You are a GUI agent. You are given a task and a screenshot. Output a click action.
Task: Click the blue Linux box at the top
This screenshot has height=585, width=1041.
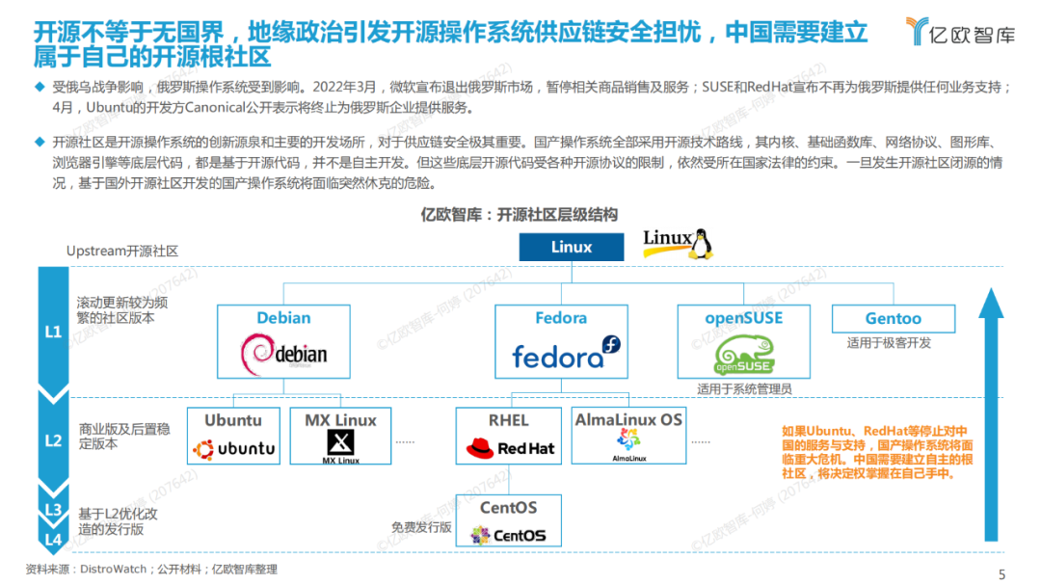click(x=572, y=247)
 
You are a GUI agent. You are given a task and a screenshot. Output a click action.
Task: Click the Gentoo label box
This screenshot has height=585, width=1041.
click(x=893, y=318)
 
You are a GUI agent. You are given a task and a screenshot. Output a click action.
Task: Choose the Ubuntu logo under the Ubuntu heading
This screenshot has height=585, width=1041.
click(x=233, y=448)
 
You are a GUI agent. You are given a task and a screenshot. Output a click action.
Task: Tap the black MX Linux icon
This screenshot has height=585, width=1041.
click(x=340, y=444)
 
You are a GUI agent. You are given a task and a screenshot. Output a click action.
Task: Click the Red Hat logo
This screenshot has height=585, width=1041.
click(x=510, y=448)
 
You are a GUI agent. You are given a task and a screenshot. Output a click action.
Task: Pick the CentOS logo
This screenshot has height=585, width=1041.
click(x=508, y=535)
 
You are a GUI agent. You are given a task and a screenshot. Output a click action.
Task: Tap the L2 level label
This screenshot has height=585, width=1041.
click(x=54, y=440)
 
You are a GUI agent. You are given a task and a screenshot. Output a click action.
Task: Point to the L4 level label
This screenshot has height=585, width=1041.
click(x=54, y=539)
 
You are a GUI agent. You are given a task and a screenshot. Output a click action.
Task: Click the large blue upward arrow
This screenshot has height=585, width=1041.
click(x=991, y=414)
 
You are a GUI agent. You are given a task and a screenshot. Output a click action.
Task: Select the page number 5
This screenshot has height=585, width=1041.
click(x=1001, y=574)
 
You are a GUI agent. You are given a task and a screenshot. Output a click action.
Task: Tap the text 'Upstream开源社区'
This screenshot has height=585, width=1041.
click(x=122, y=251)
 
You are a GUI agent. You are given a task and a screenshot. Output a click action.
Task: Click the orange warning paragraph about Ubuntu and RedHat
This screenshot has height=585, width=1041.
click(x=877, y=452)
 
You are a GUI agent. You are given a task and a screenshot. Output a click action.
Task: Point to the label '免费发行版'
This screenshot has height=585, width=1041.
click(x=421, y=527)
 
